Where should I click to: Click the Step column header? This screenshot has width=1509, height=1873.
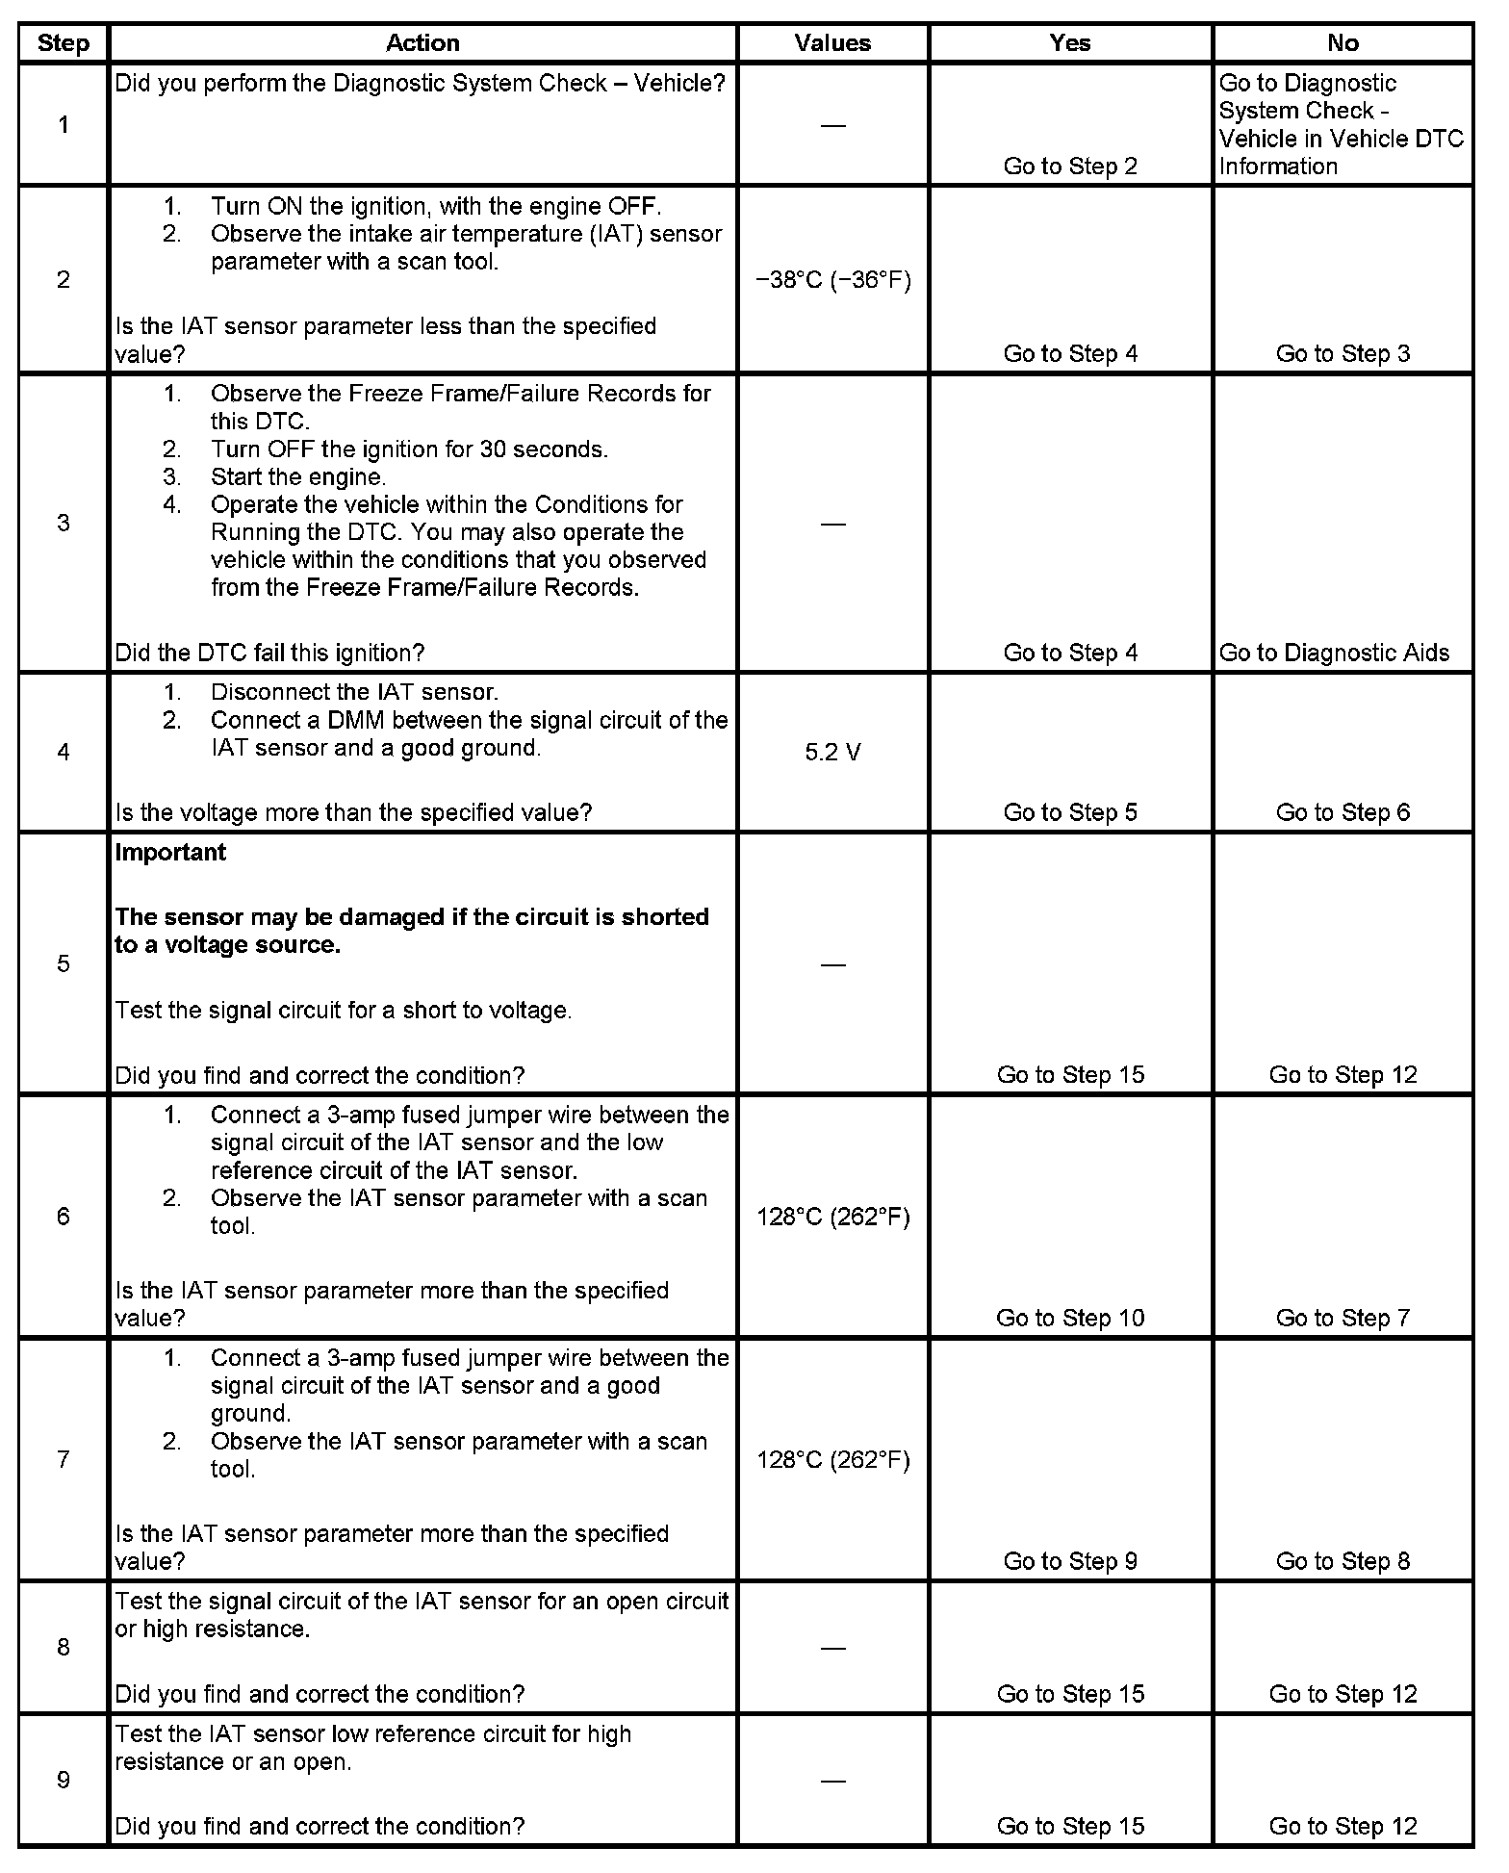coord(63,43)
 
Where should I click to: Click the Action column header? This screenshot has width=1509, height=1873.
coord(422,43)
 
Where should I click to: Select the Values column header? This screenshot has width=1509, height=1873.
coord(832,43)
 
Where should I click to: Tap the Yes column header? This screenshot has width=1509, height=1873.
coord(1070,43)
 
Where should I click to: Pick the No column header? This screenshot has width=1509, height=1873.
coord(1343,43)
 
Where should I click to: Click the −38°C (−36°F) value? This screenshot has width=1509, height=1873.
coord(833,280)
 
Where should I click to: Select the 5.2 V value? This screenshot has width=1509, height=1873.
coord(833,753)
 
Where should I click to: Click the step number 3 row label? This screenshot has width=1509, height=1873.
coord(64,524)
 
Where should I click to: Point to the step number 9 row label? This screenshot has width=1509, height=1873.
coord(64,1780)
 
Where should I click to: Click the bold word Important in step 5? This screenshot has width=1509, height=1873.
coord(170,853)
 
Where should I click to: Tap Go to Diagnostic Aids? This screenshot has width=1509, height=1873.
coord(1334,654)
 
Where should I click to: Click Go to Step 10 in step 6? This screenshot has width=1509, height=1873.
coord(1070,1318)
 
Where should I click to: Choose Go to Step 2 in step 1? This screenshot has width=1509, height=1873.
coord(1070,167)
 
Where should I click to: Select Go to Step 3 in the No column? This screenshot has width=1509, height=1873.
coord(1343,354)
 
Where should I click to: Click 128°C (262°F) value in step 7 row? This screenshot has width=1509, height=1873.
coord(833,1460)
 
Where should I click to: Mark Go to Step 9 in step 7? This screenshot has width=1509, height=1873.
coord(1070,1561)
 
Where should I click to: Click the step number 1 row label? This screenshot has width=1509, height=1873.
coord(64,124)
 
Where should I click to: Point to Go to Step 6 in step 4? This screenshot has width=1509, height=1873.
coord(1343,812)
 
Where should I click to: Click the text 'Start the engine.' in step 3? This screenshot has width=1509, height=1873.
coord(298,477)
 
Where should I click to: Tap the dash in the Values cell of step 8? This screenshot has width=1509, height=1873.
coord(833,1648)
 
